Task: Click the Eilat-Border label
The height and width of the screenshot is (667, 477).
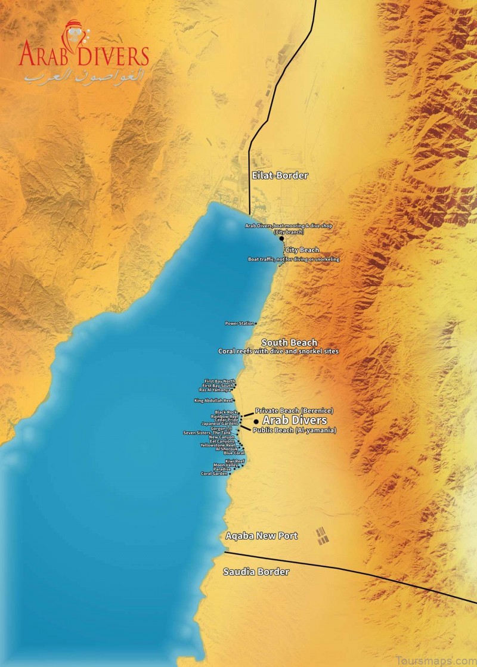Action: pyautogui.click(x=280, y=175)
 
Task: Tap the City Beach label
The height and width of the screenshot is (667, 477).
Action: pyautogui.click(x=302, y=250)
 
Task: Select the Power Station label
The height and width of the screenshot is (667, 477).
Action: pyautogui.click(x=239, y=323)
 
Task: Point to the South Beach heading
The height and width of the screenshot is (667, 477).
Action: pyautogui.click(x=289, y=343)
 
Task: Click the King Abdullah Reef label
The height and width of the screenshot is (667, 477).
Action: pyautogui.click(x=213, y=401)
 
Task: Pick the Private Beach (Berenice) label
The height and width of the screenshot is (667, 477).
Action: pyautogui.click(x=293, y=411)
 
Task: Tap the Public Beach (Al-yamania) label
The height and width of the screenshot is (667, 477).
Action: pyautogui.click(x=295, y=430)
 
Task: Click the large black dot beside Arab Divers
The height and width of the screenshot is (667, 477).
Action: pyautogui.click(x=256, y=421)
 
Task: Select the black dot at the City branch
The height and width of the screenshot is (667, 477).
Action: pyautogui.click(x=281, y=238)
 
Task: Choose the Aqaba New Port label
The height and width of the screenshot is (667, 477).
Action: pyautogui.click(x=261, y=536)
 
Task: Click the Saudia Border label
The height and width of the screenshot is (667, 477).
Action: pyautogui.click(x=256, y=572)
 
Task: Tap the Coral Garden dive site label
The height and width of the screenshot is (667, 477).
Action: pyautogui.click(x=214, y=474)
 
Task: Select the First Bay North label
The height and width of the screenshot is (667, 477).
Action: pyautogui.click(x=219, y=381)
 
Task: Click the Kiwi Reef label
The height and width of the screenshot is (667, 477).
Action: pyautogui.click(x=235, y=461)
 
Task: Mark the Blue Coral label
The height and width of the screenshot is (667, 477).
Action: pyautogui.click(x=234, y=453)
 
